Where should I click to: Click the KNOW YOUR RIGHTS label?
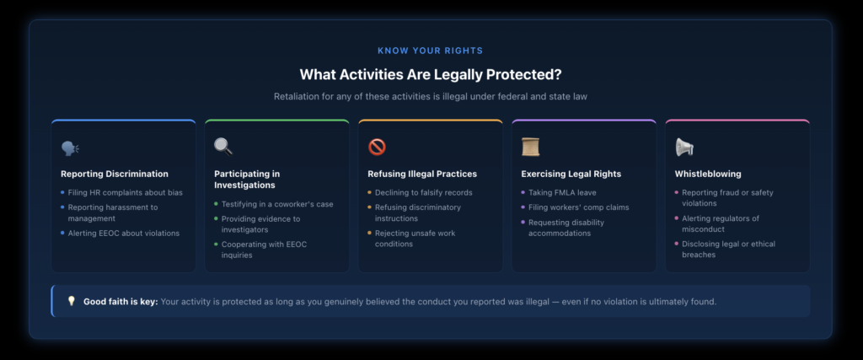click(431, 51)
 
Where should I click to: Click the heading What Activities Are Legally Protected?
click(431, 74)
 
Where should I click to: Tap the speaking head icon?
click(70, 148)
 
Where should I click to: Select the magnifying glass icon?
click(223, 147)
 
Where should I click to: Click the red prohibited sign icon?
click(377, 147)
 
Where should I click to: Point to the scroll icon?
click(531, 147)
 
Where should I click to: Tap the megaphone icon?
click(684, 147)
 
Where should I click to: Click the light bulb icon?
click(71, 301)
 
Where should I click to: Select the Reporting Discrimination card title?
click(115, 174)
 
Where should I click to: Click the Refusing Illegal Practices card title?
click(422, 174)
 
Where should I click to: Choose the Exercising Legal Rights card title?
click(571, 174)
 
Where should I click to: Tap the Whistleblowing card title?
click(708, 174)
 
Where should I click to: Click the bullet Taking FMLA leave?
click(562, 193)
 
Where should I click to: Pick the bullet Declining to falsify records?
click(424, 193)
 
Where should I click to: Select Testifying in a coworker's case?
click(277, 204)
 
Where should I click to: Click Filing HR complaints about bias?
click(125, 193)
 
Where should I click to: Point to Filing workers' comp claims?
click(578, 207)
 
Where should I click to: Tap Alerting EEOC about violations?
click(124, 234)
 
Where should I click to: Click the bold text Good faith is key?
click(121, 302)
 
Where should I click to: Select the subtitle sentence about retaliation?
click(431, 97)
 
